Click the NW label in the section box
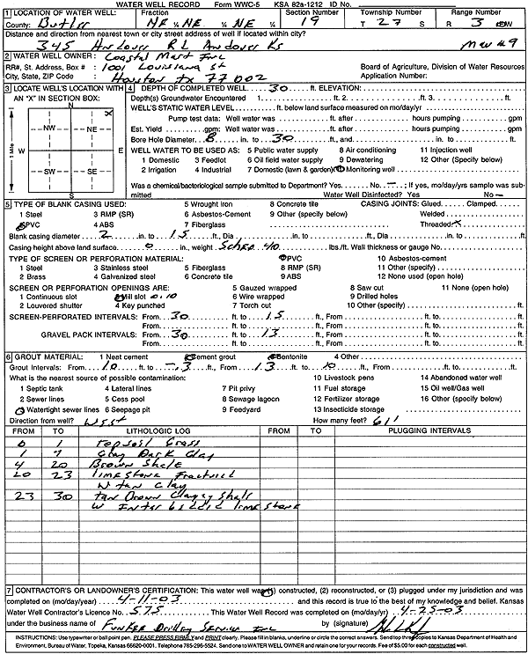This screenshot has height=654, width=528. (52, 128)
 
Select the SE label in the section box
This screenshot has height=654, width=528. (90, 173)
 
